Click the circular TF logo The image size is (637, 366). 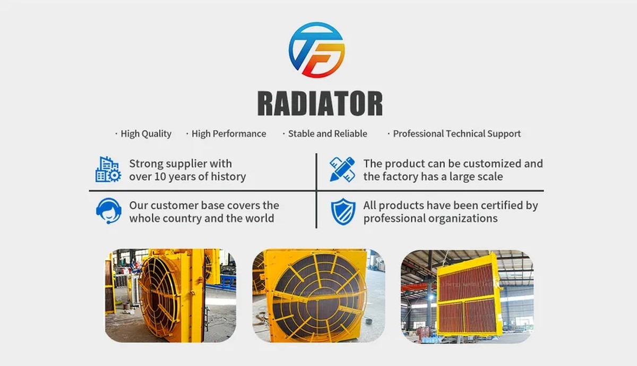click(317, 50)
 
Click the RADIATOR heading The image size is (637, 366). click(320, 103)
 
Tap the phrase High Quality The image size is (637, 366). click(146, 134)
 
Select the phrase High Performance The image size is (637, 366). click(229, 134)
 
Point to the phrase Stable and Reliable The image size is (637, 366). click(328, 133)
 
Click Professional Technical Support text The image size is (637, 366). click(457, 134)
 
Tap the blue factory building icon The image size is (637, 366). click(108, 169)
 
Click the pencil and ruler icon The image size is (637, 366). click(342, 169)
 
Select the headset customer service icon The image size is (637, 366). click(109, 211)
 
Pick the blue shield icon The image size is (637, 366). click(343, 211)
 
